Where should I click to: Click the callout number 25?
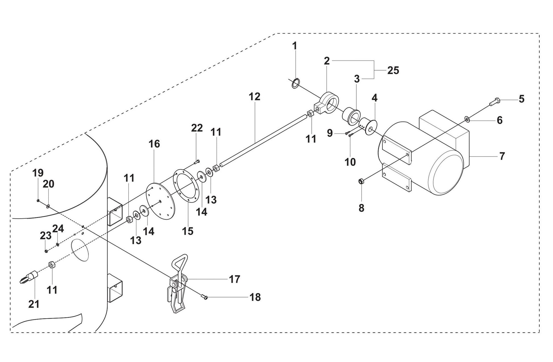pos(393,70)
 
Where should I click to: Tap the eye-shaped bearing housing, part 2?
pos(329,103)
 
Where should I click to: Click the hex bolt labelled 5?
pos(495,101)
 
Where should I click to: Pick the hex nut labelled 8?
pos(361,181)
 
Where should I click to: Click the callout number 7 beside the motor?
pos(502,156)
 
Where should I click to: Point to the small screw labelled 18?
pos(204,297)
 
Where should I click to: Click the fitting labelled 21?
pos(28,277)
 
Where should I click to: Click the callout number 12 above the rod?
pos(254,97)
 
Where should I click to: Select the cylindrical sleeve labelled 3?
pos(351,115)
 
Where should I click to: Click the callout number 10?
pos(350,162)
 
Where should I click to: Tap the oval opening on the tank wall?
pos(80,250)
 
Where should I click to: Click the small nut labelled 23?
pos(46,251)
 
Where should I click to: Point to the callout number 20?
pos(48,184)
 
